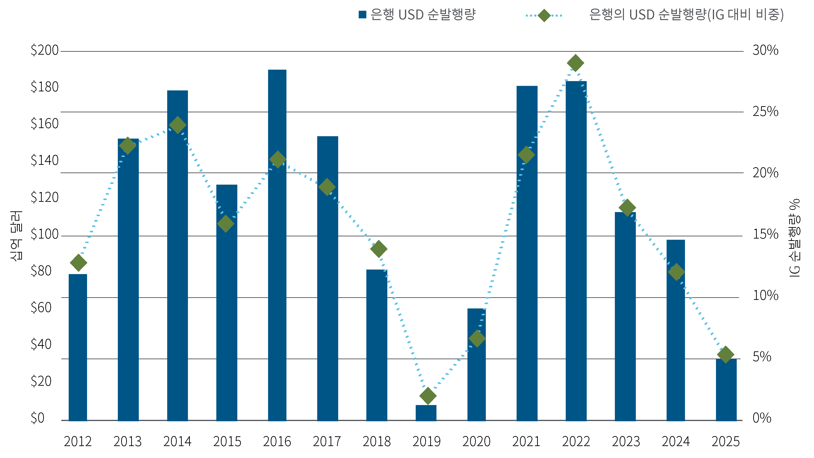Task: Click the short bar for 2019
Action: point(426,413)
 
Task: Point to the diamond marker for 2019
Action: point(428,396)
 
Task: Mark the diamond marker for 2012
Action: point(78,263)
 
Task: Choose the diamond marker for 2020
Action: point(477,338)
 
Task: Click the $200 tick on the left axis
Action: point(45,51)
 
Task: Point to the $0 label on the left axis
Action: point(38,418)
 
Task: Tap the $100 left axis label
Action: point(45,234)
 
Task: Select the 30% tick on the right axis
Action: point(765,51)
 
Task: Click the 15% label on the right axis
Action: point(765,234)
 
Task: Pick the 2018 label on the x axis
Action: point(376,442)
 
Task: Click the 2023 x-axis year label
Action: point(626,442)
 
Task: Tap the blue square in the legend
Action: point(363,15)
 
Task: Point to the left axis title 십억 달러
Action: point(16,235)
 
